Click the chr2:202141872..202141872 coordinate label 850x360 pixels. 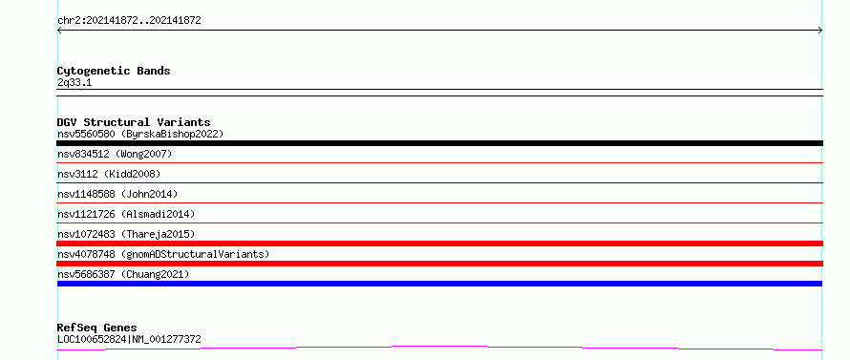point(129,21)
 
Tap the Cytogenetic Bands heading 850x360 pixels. point(114,71)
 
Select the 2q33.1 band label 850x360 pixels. point(74,82)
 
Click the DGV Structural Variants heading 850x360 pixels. point(134,122)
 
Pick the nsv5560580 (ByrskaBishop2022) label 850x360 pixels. point(140,134)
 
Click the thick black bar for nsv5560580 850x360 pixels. point(439,143)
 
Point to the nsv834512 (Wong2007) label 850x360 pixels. point(115,154)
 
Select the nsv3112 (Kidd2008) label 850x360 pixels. point(109,174)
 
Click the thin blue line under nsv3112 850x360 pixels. point(439,182)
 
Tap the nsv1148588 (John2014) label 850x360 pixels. point(117,194)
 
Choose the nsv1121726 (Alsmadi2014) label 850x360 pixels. point(126,214)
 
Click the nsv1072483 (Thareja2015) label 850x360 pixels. point(126,234)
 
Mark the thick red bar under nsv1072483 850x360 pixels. point(439,244)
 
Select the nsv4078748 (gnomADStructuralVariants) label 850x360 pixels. point(163,254)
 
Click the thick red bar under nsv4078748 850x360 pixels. point(439,264)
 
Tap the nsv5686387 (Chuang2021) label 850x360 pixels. point(123,274)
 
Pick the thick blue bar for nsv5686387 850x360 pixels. point(439,284)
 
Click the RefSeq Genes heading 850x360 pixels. point(97,328)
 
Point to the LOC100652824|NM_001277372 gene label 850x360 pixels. point(129,339)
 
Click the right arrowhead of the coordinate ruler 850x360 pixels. point(821,31)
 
